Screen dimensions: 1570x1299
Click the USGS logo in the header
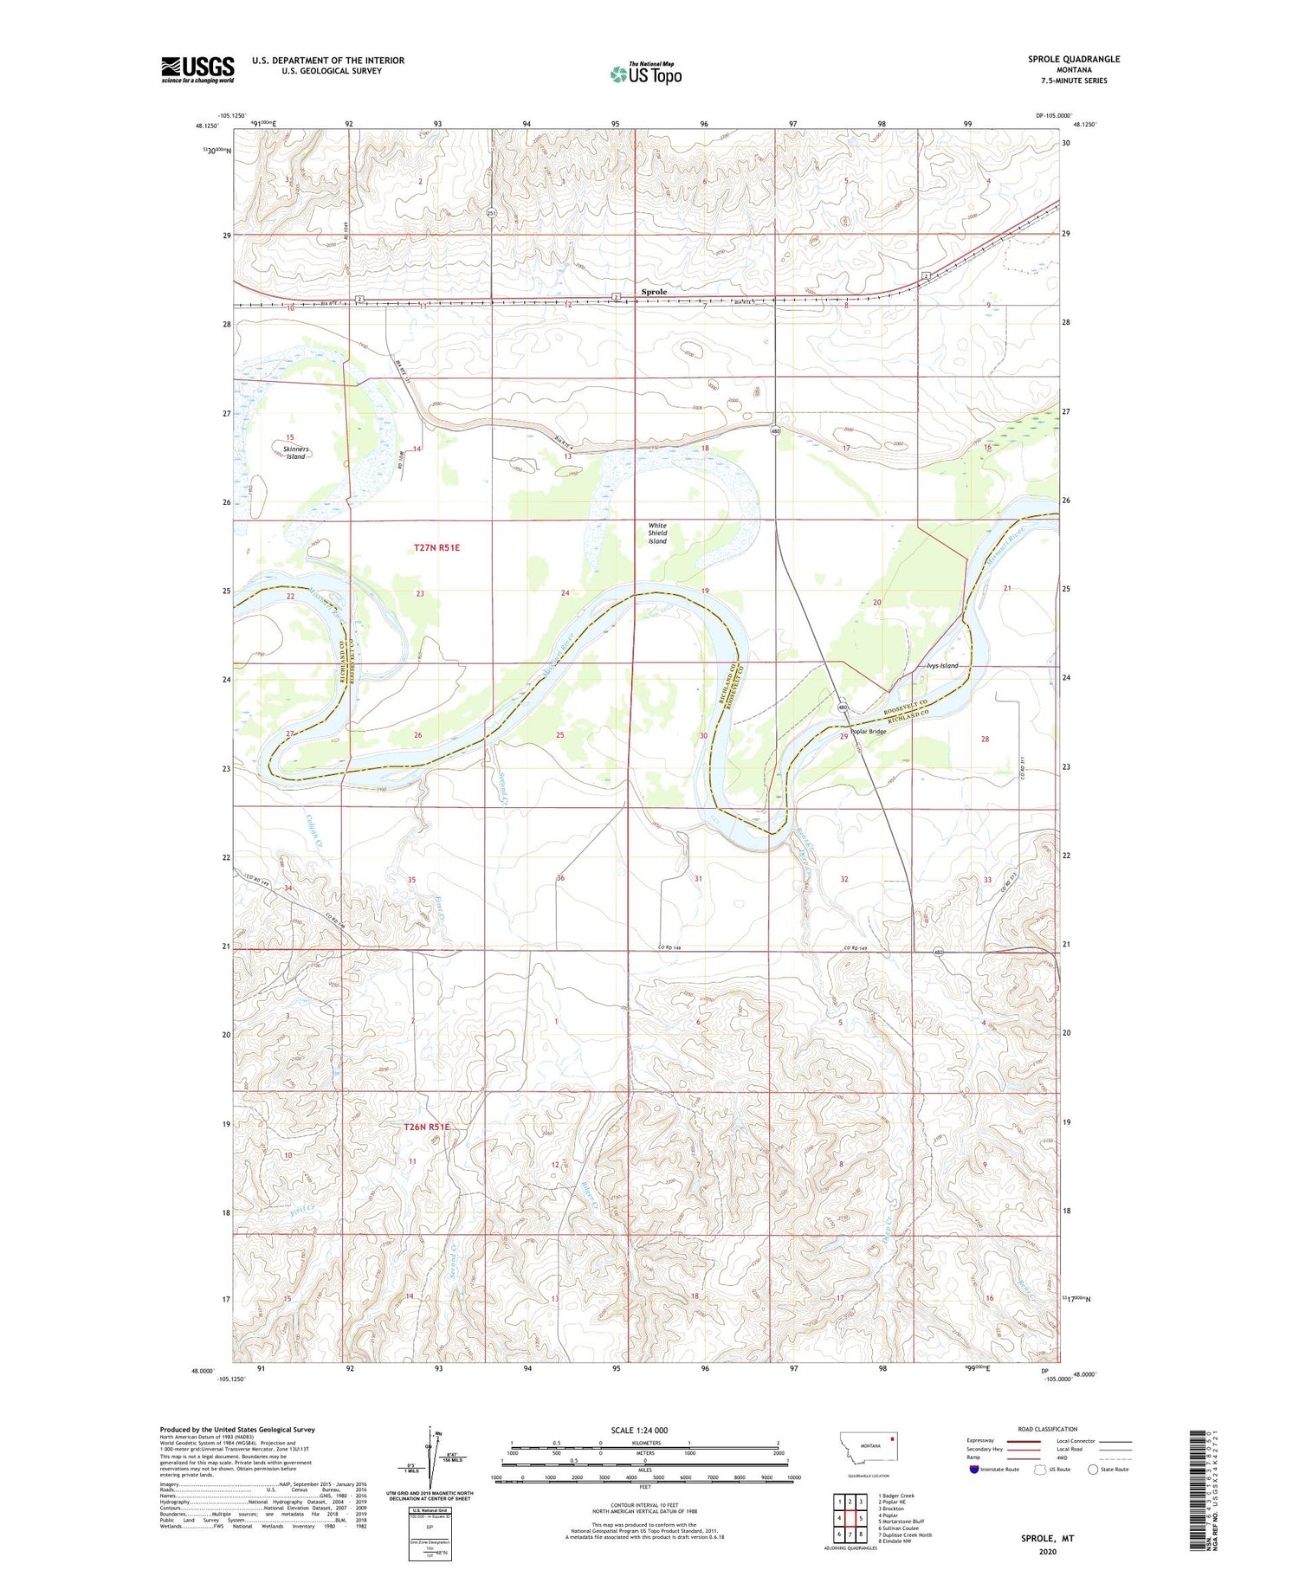(197, 69)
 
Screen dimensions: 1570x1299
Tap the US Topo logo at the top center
(645, 74)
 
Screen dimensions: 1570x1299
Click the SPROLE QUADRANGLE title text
(1073, 59)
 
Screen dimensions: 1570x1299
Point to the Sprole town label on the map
(654, 292)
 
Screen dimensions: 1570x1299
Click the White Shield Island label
(658, 533)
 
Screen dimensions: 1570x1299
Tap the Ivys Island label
(942, 665)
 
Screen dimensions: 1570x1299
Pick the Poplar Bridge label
(868, 731)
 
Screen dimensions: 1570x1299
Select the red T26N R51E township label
(427, 1127)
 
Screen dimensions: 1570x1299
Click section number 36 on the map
(560, 878)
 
